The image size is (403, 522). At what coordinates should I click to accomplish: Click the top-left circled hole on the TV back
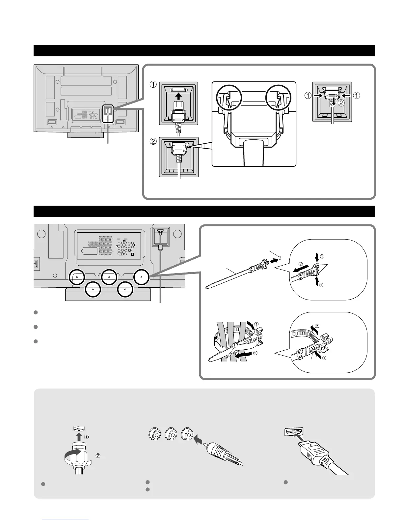coord(77,277)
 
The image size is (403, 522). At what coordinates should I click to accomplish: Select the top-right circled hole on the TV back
coord(142,277)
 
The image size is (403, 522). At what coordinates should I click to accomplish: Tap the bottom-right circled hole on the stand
coord(125,289)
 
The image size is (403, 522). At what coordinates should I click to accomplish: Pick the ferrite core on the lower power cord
coord(161,247)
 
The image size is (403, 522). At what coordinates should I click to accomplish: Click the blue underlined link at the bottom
coord(66,519)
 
